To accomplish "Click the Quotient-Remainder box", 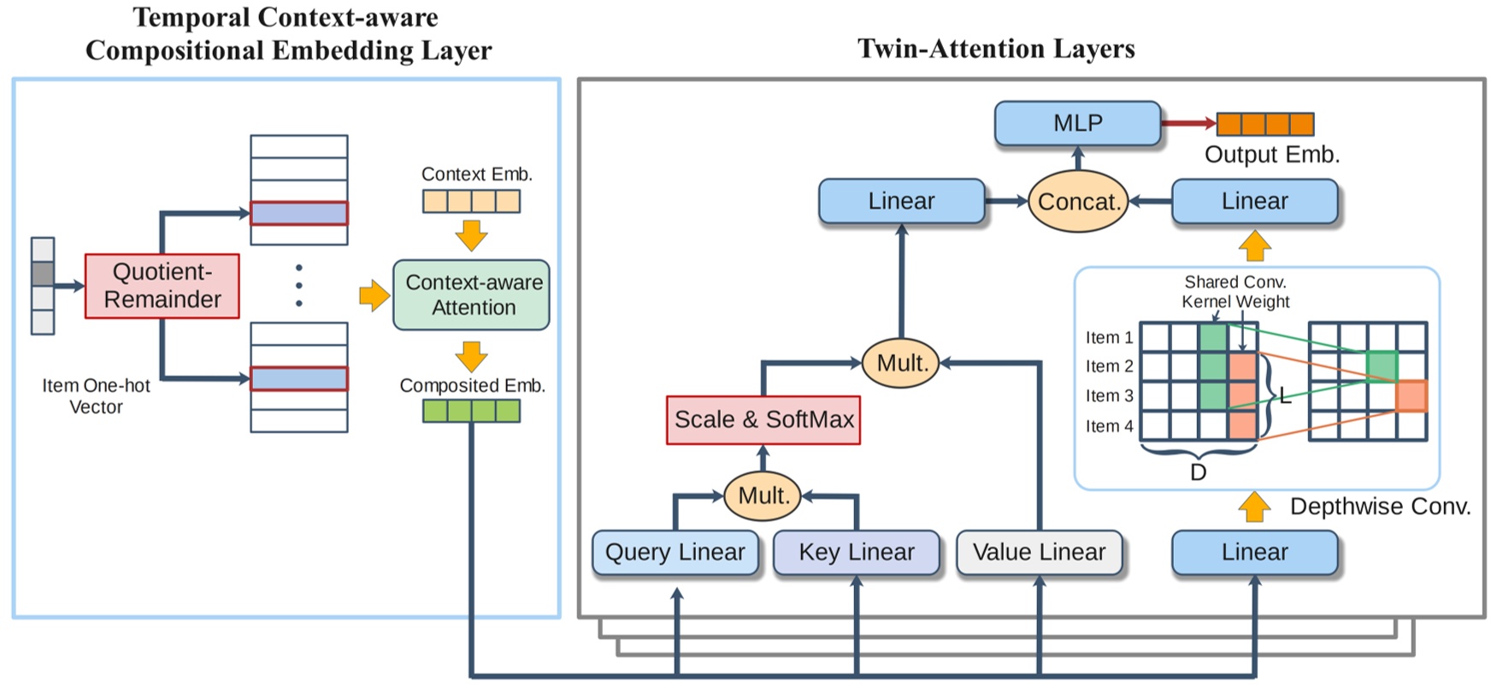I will [x=162, y=286].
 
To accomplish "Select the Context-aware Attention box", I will [x=471, y=295].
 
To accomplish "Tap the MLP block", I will [x=1077, y=123].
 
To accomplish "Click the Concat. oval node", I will [x=1077, y=202].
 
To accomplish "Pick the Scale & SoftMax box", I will [x=763, y=419].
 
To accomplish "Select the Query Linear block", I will [x=675, y=552].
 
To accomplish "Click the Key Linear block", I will [x=856, y=552].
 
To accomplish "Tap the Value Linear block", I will [x=1039, y=552].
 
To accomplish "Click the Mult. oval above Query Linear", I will [x=763, y=495].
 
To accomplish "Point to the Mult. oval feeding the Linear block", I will [x=901, y=363].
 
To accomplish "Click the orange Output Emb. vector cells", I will [x=1264, y=124].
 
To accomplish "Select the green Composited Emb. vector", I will [x=471, y=412].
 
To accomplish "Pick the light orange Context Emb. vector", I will [x=471, y=202].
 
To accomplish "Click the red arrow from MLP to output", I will [x=1188, y=123].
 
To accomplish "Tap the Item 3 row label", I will [x=1109, y=396].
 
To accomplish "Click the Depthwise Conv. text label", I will [x=1379, y=507].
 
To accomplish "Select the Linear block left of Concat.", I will [x=901, y=202].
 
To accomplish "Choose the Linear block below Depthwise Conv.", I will [x=1253, y=552].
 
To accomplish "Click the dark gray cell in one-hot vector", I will [x=43, y=274].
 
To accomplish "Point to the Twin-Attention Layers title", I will [x=996, y=49].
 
